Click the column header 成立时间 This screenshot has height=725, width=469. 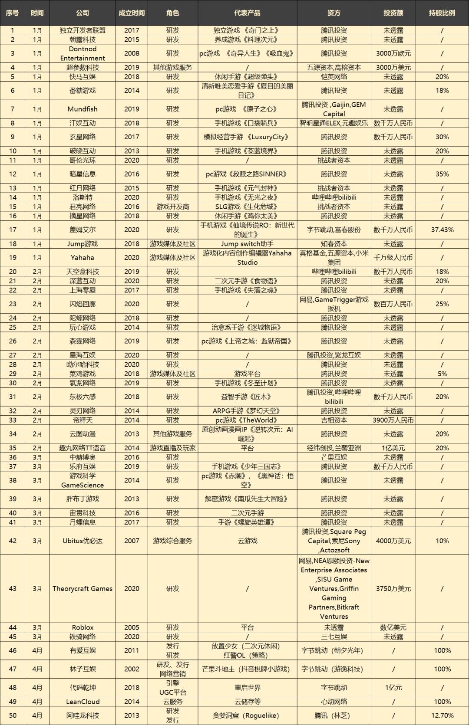tap(132, 13)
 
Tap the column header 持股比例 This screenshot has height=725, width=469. tap(442, 13)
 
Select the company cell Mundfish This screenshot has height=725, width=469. tap(83, 109)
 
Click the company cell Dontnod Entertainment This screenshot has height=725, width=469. tap(83, 53)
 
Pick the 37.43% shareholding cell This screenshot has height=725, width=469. tap(442, 230)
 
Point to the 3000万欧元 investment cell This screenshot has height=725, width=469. tap(393, 53)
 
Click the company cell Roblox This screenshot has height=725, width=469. tap(83, 627)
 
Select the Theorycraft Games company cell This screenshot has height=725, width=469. tap(83, 589)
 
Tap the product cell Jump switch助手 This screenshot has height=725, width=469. tap(247, 244)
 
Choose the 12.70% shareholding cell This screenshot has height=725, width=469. tap(442, 715)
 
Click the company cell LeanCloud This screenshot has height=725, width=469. tap(83, 702)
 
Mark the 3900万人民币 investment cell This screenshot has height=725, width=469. tap(393, 420)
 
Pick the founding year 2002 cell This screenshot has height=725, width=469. tap(132, 669)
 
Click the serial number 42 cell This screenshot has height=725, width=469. tap(13, 541)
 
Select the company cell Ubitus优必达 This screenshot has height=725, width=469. tap(83, 541)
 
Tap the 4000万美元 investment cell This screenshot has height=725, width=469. tap(393, 541)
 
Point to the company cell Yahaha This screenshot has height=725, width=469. tap(83, 258)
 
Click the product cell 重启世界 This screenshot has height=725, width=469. tap(247, 688)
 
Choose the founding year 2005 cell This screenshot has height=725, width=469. tap(132, 627)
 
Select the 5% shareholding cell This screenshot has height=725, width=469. tap(442, 374)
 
